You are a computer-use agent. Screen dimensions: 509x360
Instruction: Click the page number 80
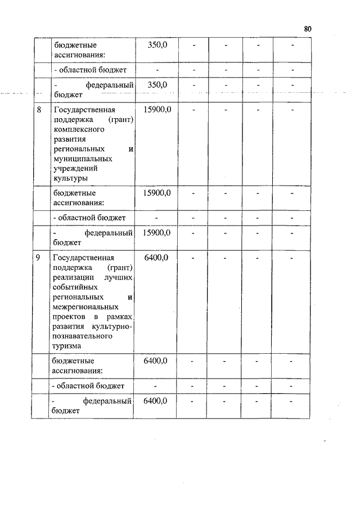[x=307, y=29]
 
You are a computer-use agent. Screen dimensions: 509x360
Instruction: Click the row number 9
[x=38, y=258]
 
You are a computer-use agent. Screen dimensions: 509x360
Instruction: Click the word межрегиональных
[x=85, y=307]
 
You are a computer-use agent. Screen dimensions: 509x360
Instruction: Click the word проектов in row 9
[x=70, y=317]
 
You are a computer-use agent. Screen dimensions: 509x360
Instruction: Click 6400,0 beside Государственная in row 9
[x=156, y=258]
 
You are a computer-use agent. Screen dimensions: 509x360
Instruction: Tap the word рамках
[x=122, y=317]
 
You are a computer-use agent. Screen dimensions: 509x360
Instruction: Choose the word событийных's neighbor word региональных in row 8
[x=79, y=149]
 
